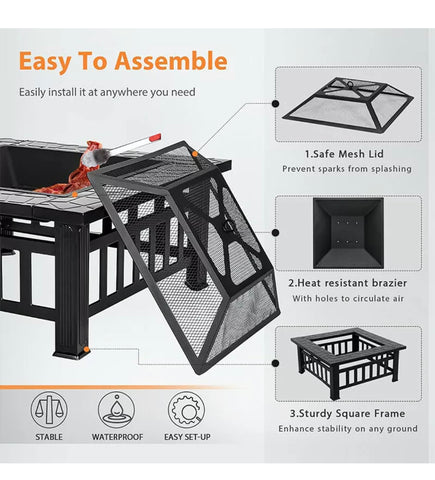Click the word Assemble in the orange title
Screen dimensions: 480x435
170,62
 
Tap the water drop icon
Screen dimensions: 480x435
118,409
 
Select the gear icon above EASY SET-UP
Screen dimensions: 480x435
185,409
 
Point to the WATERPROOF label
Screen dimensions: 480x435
118,437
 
